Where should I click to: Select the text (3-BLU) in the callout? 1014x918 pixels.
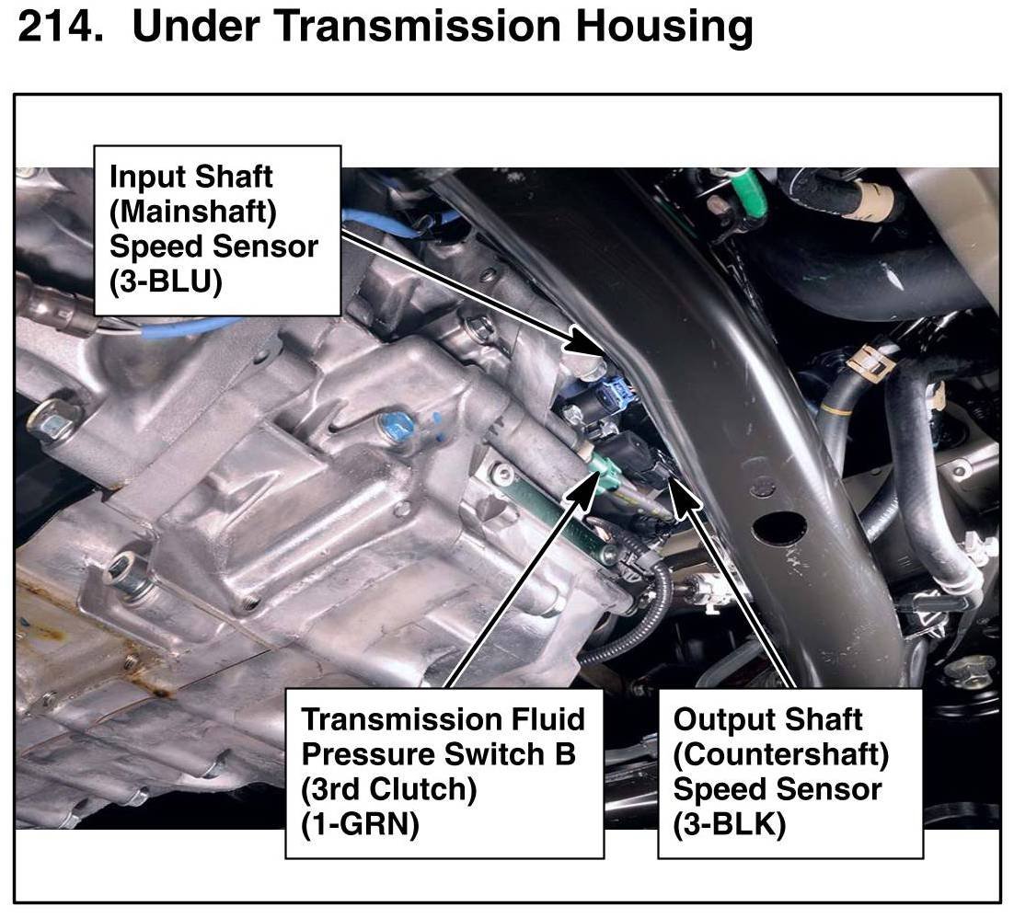(x=166, y=282)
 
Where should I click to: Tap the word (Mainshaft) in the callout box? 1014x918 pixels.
(x=193, y=212)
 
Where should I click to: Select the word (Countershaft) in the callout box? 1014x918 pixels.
(x=781, y=754)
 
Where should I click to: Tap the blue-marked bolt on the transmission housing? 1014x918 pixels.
(x=398, y=424)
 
